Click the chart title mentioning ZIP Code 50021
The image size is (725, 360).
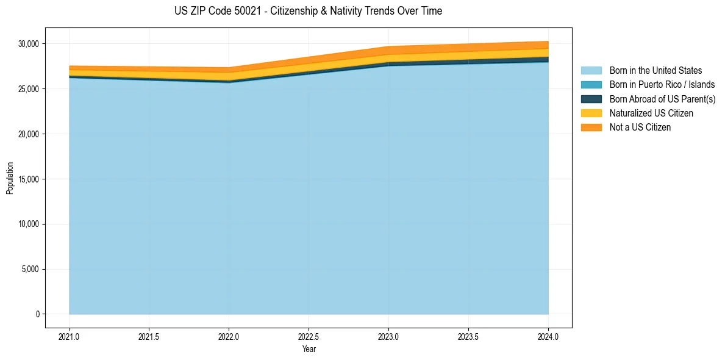308,11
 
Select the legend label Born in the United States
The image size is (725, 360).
655,71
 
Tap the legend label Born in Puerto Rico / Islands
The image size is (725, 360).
662,85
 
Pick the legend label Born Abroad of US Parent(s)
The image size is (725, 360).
662,99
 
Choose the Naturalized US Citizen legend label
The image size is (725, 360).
651,113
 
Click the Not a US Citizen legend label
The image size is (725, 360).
640,128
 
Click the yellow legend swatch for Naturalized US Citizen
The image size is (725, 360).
591,113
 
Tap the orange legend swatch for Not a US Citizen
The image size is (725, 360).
591,128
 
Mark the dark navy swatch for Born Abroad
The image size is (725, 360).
591,99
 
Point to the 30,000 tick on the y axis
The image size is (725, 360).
29,44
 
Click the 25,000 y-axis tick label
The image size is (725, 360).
29,89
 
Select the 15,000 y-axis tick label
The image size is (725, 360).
29,179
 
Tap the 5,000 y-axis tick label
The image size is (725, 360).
30,269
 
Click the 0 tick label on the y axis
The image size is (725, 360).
37,314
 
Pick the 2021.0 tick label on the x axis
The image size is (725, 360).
70,336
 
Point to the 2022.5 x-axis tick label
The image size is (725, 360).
309,336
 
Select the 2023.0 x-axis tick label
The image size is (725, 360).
388,336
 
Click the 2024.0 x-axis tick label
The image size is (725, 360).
548,336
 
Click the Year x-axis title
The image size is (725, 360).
309,349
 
